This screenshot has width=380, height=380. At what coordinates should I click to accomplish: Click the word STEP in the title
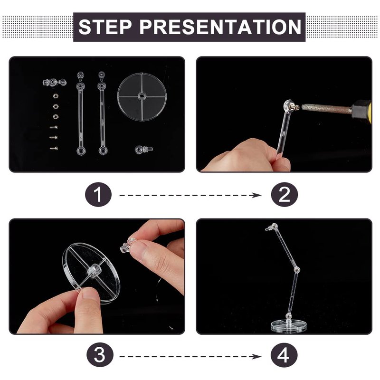click(104, 27)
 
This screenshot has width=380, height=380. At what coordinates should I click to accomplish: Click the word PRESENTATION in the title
click(220, 27)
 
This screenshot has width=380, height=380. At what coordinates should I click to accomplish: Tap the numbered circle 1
click(98, 194)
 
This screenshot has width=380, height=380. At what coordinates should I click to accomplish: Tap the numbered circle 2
click(284, 194)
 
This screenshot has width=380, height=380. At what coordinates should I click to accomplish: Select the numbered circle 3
click(100, 355)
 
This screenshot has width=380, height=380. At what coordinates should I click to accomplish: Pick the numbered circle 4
click(284, 355)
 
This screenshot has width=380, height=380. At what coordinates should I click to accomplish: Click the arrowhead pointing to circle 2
click(256, 195)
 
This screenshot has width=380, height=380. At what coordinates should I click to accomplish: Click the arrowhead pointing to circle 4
click(256, 357)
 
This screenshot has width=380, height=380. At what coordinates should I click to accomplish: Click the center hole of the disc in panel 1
click(142, 96)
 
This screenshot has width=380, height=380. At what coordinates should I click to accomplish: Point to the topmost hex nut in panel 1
click(56, 96)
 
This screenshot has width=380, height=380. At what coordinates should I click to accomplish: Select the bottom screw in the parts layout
click(54, 148)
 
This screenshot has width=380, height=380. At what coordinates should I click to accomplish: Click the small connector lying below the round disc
click(143, 149)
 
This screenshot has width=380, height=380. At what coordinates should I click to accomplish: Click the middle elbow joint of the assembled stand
click(296, 269)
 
